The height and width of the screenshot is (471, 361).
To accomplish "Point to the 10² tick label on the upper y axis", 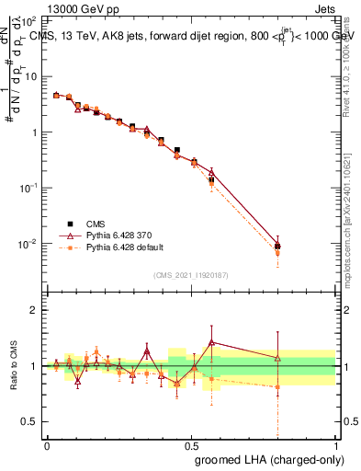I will tap(30, 19).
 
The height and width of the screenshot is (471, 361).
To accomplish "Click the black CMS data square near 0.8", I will tap(277, 246).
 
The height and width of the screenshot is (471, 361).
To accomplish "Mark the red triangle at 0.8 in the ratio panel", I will tap(277, 358).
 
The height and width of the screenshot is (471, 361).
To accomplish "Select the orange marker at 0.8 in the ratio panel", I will tap(277, 387).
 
